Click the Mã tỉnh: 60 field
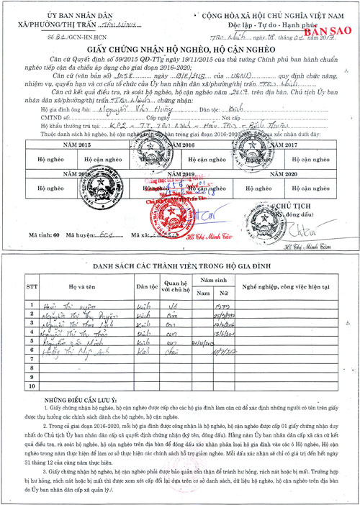click(x=48, y=235)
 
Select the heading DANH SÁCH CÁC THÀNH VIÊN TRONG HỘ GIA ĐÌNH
click(x=180, y=266)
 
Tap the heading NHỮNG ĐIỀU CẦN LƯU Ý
click(x=81, y=398)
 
